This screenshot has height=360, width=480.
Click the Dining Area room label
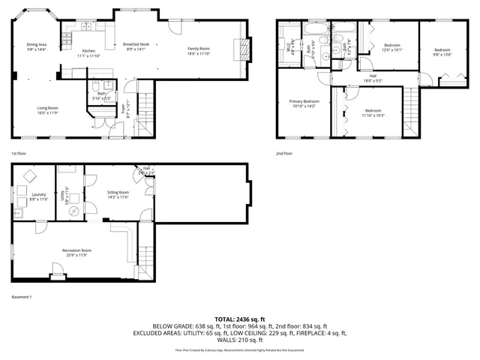click(x=37, y=46)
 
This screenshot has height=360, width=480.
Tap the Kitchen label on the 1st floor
click(x=89, y=53)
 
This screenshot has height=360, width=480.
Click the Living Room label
click(x=48, y=110)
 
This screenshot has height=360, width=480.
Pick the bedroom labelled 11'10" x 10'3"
click(x=373, y=112)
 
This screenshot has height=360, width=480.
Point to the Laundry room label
click(x=39, y=196)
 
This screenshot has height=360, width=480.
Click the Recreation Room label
click(x=76, y=252)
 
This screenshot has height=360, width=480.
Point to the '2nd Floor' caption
click(x=284, y=153)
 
